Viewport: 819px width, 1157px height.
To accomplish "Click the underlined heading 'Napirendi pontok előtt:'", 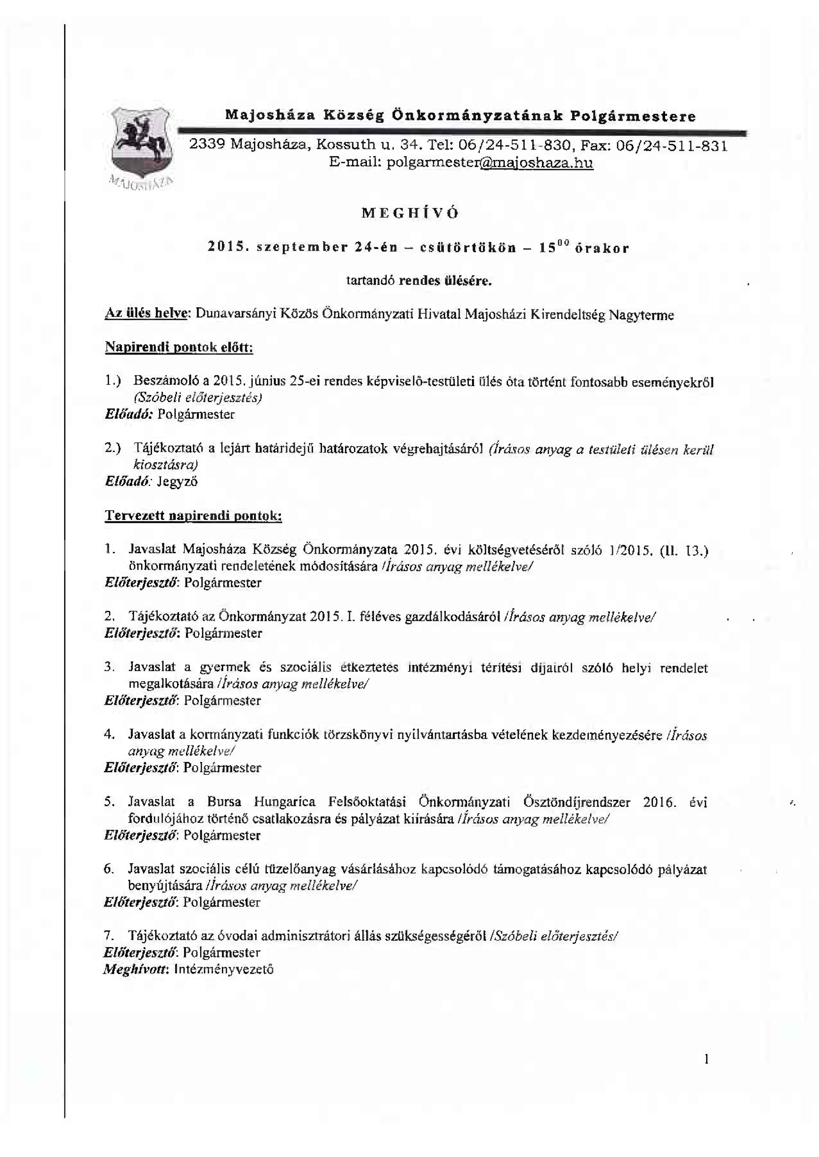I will (x=179, y=348).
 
